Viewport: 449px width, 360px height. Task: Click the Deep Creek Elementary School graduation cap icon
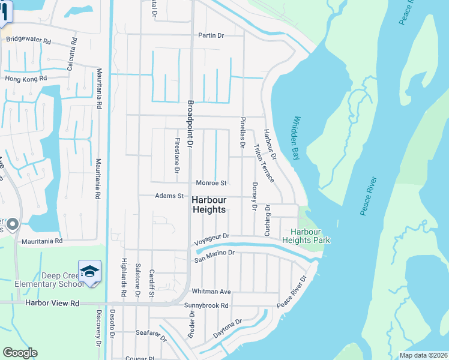pos(89,271)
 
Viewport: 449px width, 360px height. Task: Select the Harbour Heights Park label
pos(310,236)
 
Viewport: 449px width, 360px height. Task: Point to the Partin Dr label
pos(211,36)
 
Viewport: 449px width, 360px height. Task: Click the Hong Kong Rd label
pos(25,79)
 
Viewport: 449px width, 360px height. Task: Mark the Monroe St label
pos(211,183)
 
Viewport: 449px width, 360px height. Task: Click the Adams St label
pos(169,196)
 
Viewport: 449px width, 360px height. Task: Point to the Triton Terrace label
pos(263,164)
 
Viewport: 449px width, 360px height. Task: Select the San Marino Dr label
pos(213,256)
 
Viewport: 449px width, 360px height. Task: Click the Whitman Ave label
pos(211,292)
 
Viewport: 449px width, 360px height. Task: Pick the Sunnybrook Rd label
pos(206,305)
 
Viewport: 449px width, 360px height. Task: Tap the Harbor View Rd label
pos(52,304)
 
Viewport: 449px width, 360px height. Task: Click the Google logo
pos(20,353)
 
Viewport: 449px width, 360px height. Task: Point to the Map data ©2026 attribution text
pos(423,355)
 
